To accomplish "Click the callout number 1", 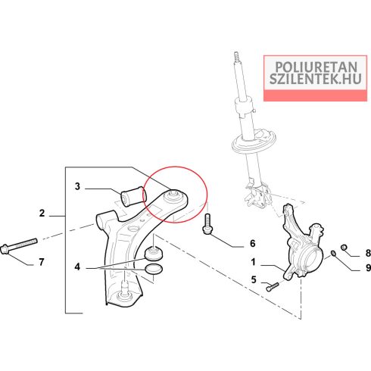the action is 254,262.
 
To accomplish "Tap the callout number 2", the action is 42,214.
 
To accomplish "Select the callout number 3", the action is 77,186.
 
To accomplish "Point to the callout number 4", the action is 77,267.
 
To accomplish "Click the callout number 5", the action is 254,279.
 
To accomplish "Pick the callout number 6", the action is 253,243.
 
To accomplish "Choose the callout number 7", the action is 42,262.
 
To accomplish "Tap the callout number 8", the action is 368,253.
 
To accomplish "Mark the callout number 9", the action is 368,267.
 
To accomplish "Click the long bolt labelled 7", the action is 19,246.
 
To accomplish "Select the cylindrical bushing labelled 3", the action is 132,196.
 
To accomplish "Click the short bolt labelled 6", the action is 207,224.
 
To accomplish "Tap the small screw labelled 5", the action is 273,286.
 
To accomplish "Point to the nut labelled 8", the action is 344,247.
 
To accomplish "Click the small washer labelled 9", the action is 333,253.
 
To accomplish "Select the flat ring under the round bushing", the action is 154,269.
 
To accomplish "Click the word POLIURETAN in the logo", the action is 316,67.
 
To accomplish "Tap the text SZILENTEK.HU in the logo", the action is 316,79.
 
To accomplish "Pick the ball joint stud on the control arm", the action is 124,288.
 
